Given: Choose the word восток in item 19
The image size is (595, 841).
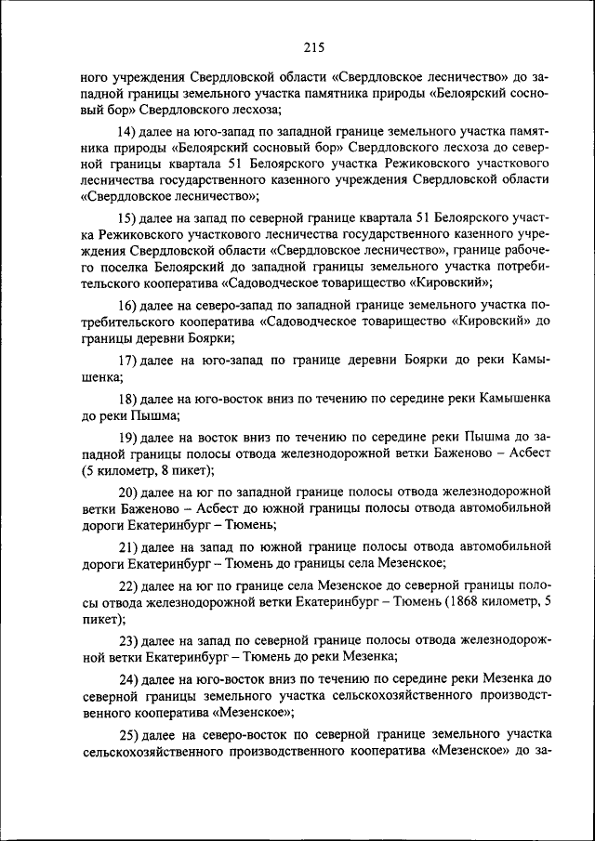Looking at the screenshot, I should pos(223,436).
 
